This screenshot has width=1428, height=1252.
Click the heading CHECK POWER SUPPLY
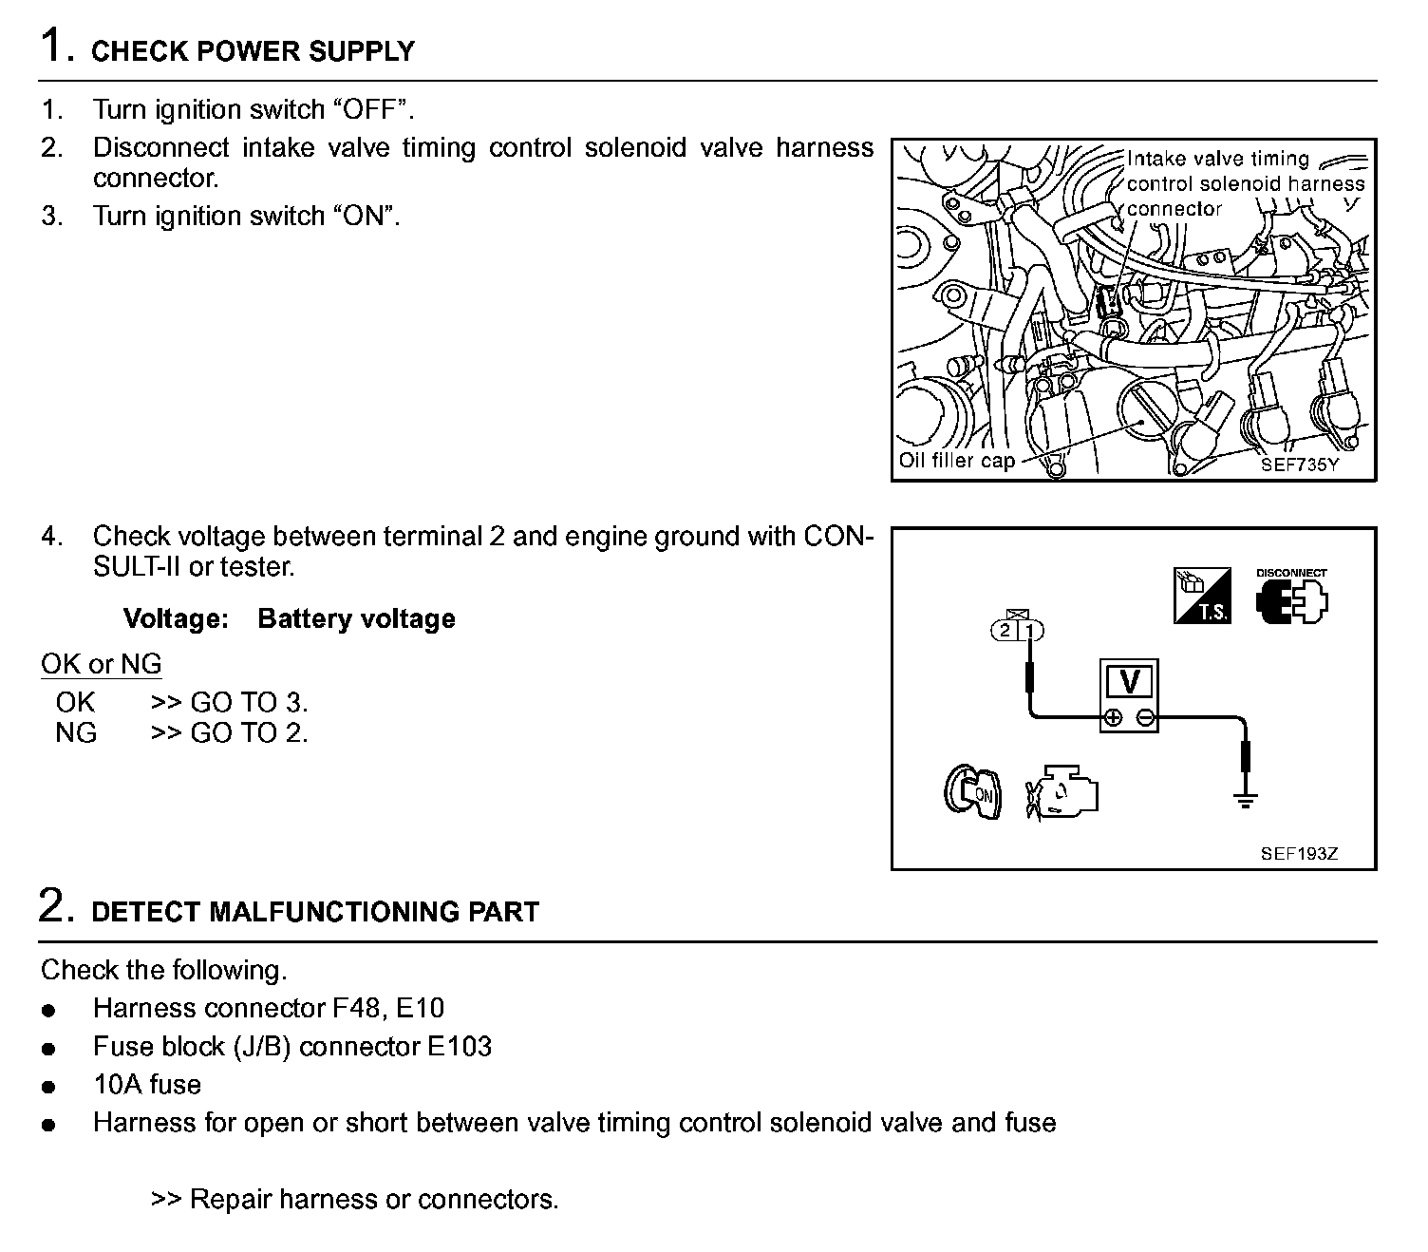pyautogui.click(x=253, y=51)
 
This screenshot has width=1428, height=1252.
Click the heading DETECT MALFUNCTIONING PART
pyautogui.click(x=314, y=913)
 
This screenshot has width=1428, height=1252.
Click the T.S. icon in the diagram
pyautogui.click(x=1202, y=597)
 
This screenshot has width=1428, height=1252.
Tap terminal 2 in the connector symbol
pyautogui.click(x=1005, y=630)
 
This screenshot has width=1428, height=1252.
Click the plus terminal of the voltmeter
pyautogui.click(x=1114, y=718)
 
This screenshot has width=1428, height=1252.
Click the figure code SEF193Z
pyautogui.click(x=1299, y=854)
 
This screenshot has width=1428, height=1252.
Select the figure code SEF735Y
pyautogui.click(x=1299, y=465)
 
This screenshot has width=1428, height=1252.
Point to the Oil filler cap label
pyautogui.click(x=957, y=461)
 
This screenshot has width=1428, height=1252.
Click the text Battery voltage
pyautogui.click(x=356, y=619)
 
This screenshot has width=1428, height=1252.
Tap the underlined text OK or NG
pyautogui.click(x=101, y=664)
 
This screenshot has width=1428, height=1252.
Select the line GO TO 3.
pyautogui.click(x=229, y=703)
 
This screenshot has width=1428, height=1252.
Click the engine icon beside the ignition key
pyautogui.click(x=1062, y=791)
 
